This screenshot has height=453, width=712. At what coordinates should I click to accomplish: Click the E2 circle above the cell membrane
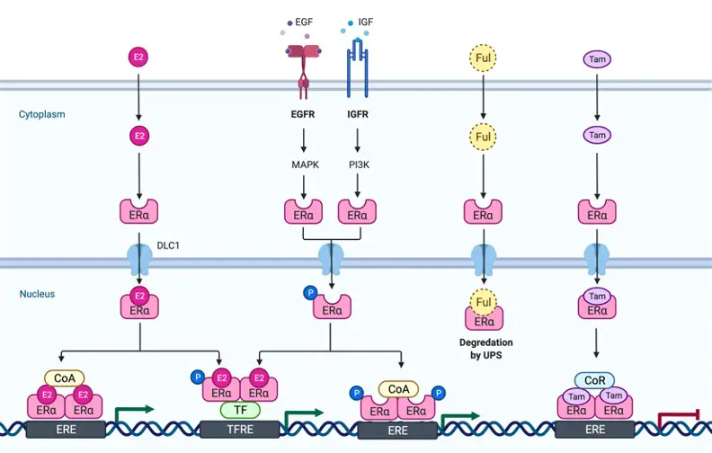pyautogui.click(x=138, y=58)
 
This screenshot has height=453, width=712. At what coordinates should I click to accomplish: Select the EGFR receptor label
pyautogui.click(x=303, y=114)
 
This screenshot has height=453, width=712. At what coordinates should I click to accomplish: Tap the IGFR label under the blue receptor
pyautogui.click(x=358, y=114)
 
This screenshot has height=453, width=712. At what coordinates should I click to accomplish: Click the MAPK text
pyautogui.click(x=305, y=164)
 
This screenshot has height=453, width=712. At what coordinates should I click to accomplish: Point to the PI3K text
pyautogui.click(x=360, y=164)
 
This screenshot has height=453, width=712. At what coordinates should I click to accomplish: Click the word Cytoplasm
pyautogui.click(x=41, y=114)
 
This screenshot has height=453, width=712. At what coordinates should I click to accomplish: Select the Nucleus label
pyautogui.click(x=37, y=294)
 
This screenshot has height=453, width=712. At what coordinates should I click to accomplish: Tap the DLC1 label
pyautogui.click(x=168, y=245)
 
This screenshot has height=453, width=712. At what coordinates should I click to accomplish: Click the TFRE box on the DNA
pyautogui.click(x=240, y=430)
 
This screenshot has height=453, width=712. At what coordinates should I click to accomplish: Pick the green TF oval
pyautogui.click(x=240, y=410)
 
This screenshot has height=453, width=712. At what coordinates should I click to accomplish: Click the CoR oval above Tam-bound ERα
pyautogui.click(x=594, y=380)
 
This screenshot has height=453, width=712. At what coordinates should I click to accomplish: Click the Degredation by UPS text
pyautogui.click(x=485, y=349)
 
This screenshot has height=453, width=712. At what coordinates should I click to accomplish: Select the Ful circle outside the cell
pyautogui.click(x=483, y=58)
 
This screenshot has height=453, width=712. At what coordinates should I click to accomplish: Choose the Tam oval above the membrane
pyautogui.click(x=597, y=59)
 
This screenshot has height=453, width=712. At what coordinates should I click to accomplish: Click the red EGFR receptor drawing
pyautogui.click(x=303, y=70)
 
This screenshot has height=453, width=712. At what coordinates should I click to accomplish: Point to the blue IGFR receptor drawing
pyautogui.click(x=358, y=68)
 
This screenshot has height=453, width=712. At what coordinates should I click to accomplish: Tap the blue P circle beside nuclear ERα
pyautogui.click(x=310, y=293)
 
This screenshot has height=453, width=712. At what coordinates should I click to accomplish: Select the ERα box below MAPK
pyautogui.click(x=303, y=212)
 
